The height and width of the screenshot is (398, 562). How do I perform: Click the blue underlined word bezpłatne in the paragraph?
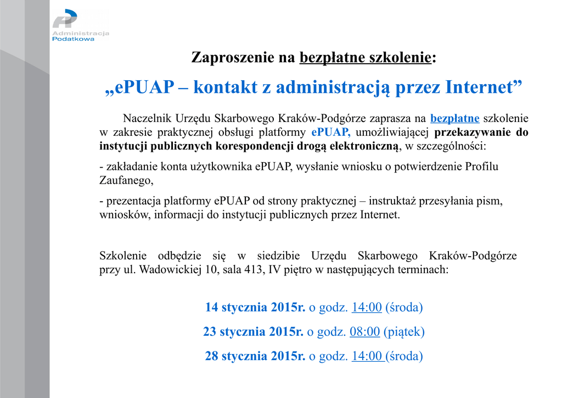455,118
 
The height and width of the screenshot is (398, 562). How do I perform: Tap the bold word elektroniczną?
364,146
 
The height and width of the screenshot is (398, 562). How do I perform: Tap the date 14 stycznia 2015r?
255,307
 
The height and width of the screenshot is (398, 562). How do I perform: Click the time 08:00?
364,331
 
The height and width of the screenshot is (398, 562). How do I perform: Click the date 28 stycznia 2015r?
255,356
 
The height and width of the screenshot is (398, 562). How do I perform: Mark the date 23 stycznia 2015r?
254,331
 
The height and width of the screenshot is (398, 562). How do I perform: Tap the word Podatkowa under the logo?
73,39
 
